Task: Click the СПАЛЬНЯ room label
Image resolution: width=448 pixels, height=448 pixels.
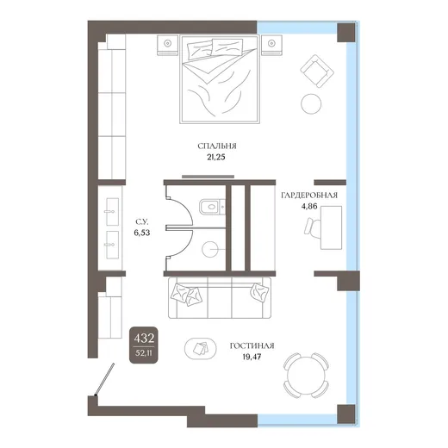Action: point(217,146)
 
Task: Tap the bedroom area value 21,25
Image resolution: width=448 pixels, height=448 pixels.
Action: point(216,158)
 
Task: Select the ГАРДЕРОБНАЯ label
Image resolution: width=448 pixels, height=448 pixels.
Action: point(309,196)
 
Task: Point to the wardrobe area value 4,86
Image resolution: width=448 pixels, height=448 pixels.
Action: point(309,206)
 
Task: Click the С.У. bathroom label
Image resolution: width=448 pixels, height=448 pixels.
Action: point(141,221)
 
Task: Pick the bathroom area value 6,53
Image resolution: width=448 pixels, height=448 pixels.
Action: point(142,233)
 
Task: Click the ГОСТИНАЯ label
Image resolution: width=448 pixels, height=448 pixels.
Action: point(252,345)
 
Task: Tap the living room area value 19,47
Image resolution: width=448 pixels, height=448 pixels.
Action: point(252,357)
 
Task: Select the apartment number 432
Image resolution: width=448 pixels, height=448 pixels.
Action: point(144,339)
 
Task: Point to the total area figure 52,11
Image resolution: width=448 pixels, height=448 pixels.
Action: point(144,353)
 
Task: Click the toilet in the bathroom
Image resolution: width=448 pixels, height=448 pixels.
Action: point(212,207)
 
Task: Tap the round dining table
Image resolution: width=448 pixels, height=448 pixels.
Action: point(306,375)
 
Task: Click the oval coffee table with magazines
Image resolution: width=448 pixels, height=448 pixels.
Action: point(201,349)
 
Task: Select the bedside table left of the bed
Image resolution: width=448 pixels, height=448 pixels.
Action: point(167,45)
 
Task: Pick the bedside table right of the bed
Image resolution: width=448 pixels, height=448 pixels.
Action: point(271,45)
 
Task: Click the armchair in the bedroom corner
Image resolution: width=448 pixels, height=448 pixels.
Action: point(317,72)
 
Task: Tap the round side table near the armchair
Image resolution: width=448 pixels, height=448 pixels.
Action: point(311,104)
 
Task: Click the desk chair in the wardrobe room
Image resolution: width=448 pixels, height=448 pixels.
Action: point(313,227)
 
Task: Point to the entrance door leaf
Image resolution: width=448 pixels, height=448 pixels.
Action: point(105,378)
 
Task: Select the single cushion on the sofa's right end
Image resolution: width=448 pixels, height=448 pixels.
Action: point(259,292)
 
